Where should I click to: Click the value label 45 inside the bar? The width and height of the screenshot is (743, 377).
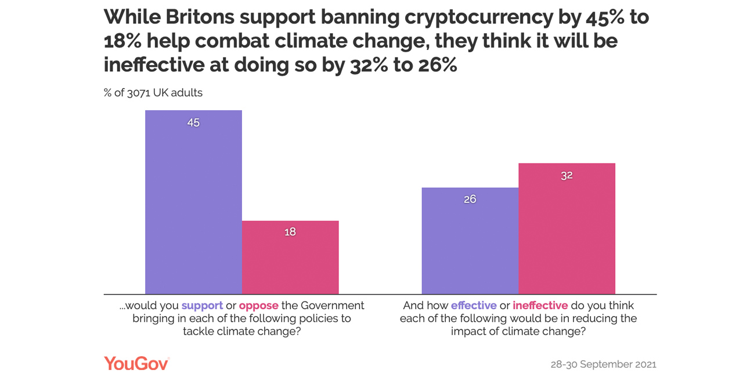click(193, 123)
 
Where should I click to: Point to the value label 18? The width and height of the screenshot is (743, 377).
click(290, 232)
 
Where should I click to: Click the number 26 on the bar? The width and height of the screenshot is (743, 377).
click(470, 200)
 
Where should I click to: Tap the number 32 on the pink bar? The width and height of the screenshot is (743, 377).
click(567, 176)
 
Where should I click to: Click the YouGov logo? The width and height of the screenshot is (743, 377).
click(136, 364)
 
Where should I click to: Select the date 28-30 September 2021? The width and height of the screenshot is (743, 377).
click(603, 364)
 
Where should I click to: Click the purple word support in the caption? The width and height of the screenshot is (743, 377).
click(202, 306)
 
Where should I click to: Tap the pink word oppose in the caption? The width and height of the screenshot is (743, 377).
click(259, 306)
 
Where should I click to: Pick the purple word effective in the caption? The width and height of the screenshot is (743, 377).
click(474, 306)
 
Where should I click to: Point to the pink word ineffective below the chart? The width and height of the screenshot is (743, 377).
click(540, 306)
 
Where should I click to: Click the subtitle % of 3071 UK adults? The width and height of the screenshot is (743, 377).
click(153, 93)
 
